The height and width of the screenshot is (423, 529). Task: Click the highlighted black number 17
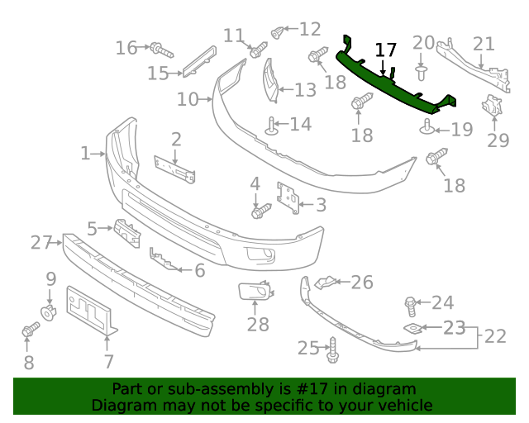click(385, 50)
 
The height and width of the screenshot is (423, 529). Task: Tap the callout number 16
click(126, 48)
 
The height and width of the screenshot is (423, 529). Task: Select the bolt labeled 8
click(30, 331)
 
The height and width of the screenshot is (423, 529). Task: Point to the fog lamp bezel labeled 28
click(252, 290)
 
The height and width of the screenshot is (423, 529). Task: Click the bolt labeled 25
click(332, 350)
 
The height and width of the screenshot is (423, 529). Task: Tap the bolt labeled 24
click(411, 305)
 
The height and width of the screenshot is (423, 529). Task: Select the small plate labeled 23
click(411, 329)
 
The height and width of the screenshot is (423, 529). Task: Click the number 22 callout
click(495, 336)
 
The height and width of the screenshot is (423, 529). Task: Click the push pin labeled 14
click(271, 126)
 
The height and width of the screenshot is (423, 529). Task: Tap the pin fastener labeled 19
click(427, 126)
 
